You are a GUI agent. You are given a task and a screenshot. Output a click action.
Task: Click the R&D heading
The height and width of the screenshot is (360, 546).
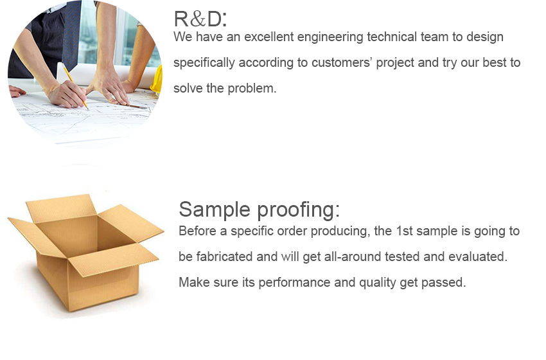(200, 19)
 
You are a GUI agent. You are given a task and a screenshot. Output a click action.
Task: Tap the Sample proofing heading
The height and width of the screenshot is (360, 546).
(259, 210)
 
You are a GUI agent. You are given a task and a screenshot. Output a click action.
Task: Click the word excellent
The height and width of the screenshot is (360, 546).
(269, 37)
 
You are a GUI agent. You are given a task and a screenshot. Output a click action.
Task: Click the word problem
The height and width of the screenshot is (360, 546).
(252, 89)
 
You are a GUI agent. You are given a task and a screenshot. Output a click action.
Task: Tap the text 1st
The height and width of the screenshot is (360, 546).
(404, 231)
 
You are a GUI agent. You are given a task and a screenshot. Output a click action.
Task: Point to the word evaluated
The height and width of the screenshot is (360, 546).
(478, 256)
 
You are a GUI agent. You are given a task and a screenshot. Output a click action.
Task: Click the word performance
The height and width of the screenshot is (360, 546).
(294, 283)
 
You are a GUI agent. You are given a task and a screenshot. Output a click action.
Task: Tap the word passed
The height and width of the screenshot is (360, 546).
(443, 283)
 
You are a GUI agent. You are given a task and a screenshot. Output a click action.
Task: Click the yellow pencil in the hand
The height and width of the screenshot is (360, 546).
(75, 85)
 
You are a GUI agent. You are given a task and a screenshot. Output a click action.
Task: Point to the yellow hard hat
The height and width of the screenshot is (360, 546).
(157, 80)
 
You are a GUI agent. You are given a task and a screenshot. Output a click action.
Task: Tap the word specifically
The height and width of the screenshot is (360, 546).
(204, 64)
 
